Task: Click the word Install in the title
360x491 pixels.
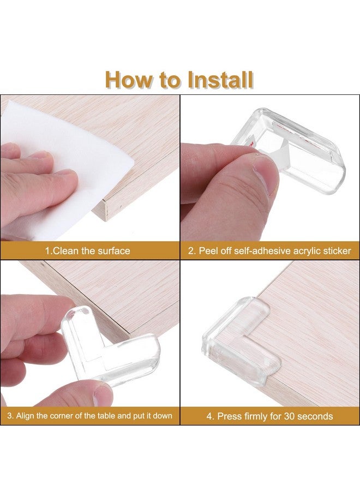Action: [x=220, y=80]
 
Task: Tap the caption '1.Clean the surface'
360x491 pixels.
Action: [x=87, y=251]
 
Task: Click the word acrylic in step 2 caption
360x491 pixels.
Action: [x=299, y=251]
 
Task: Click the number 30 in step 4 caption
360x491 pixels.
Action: [x=280, y=416]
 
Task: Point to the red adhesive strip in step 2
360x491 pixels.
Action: [x=252, y=143]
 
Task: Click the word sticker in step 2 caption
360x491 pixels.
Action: [x=334, y=251]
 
